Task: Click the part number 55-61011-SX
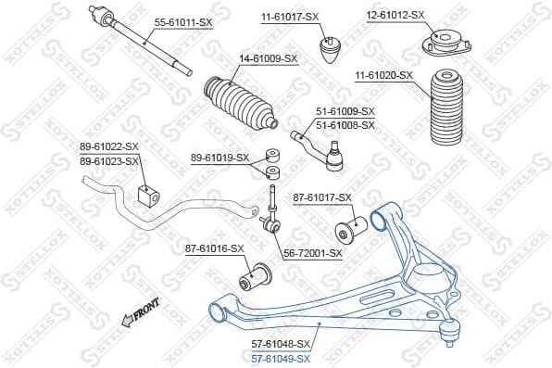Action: (183, 18)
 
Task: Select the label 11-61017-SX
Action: (289, 16)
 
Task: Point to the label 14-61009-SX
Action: (269, 58)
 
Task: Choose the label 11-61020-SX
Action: (383, 74)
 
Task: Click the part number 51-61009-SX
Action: (345, 112)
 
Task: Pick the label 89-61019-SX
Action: (220, 158)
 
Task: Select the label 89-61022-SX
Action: (108, 146)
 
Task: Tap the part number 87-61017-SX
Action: (322, 197)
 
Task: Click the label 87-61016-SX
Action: (214, 248)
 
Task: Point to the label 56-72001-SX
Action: (313, 252)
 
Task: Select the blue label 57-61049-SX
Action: (282, 358)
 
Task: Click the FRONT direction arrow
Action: (140, 314)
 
